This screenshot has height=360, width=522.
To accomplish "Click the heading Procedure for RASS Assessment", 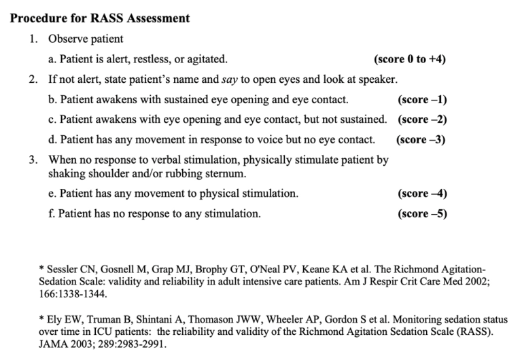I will [100, 18].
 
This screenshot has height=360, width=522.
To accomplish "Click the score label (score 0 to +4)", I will [410, 59].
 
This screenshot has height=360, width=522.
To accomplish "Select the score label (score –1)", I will [422, 100].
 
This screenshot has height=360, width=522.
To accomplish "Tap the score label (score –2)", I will [422, 120].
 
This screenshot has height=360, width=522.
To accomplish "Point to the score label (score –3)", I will [421, 140].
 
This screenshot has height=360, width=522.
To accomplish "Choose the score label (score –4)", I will [422, 194].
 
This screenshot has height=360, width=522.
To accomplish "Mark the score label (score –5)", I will [422, 214].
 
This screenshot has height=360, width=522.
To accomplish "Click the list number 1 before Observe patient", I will [33, 39].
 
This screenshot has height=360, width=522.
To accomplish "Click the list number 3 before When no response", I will [33, 160].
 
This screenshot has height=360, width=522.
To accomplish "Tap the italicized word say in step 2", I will [230, 79].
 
